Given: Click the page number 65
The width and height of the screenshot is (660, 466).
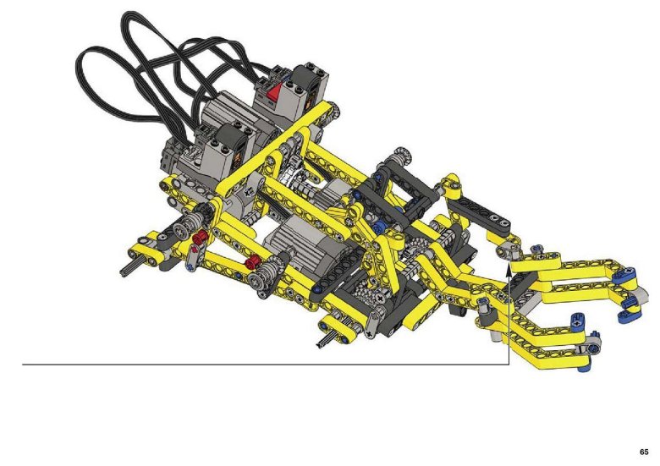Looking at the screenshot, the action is click(x=644, y=452).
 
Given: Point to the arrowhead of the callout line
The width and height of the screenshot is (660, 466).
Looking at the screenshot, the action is click(x=509, y=270).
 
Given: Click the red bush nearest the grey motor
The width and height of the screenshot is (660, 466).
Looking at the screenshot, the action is click(x=252, y=262).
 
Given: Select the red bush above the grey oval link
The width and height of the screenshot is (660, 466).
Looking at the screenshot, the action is click(x=201, y=237).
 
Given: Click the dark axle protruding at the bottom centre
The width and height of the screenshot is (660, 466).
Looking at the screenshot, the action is click(x=325, y=340).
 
